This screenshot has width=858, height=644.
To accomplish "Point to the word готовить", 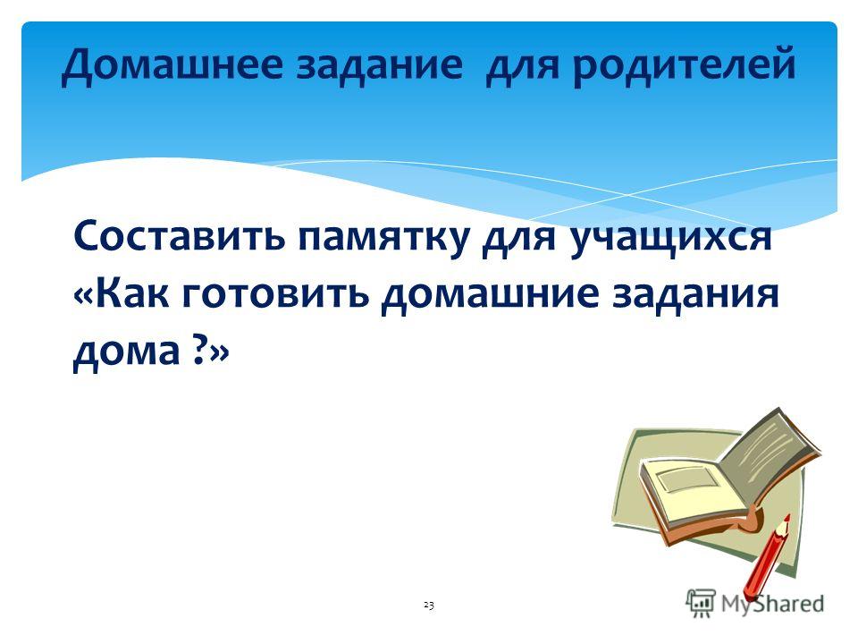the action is coord(275,293).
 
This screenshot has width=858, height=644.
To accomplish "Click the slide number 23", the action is coord(428,606).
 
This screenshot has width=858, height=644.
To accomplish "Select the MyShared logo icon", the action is coord(701,603).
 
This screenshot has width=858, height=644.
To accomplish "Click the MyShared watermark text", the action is coord(771,604).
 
